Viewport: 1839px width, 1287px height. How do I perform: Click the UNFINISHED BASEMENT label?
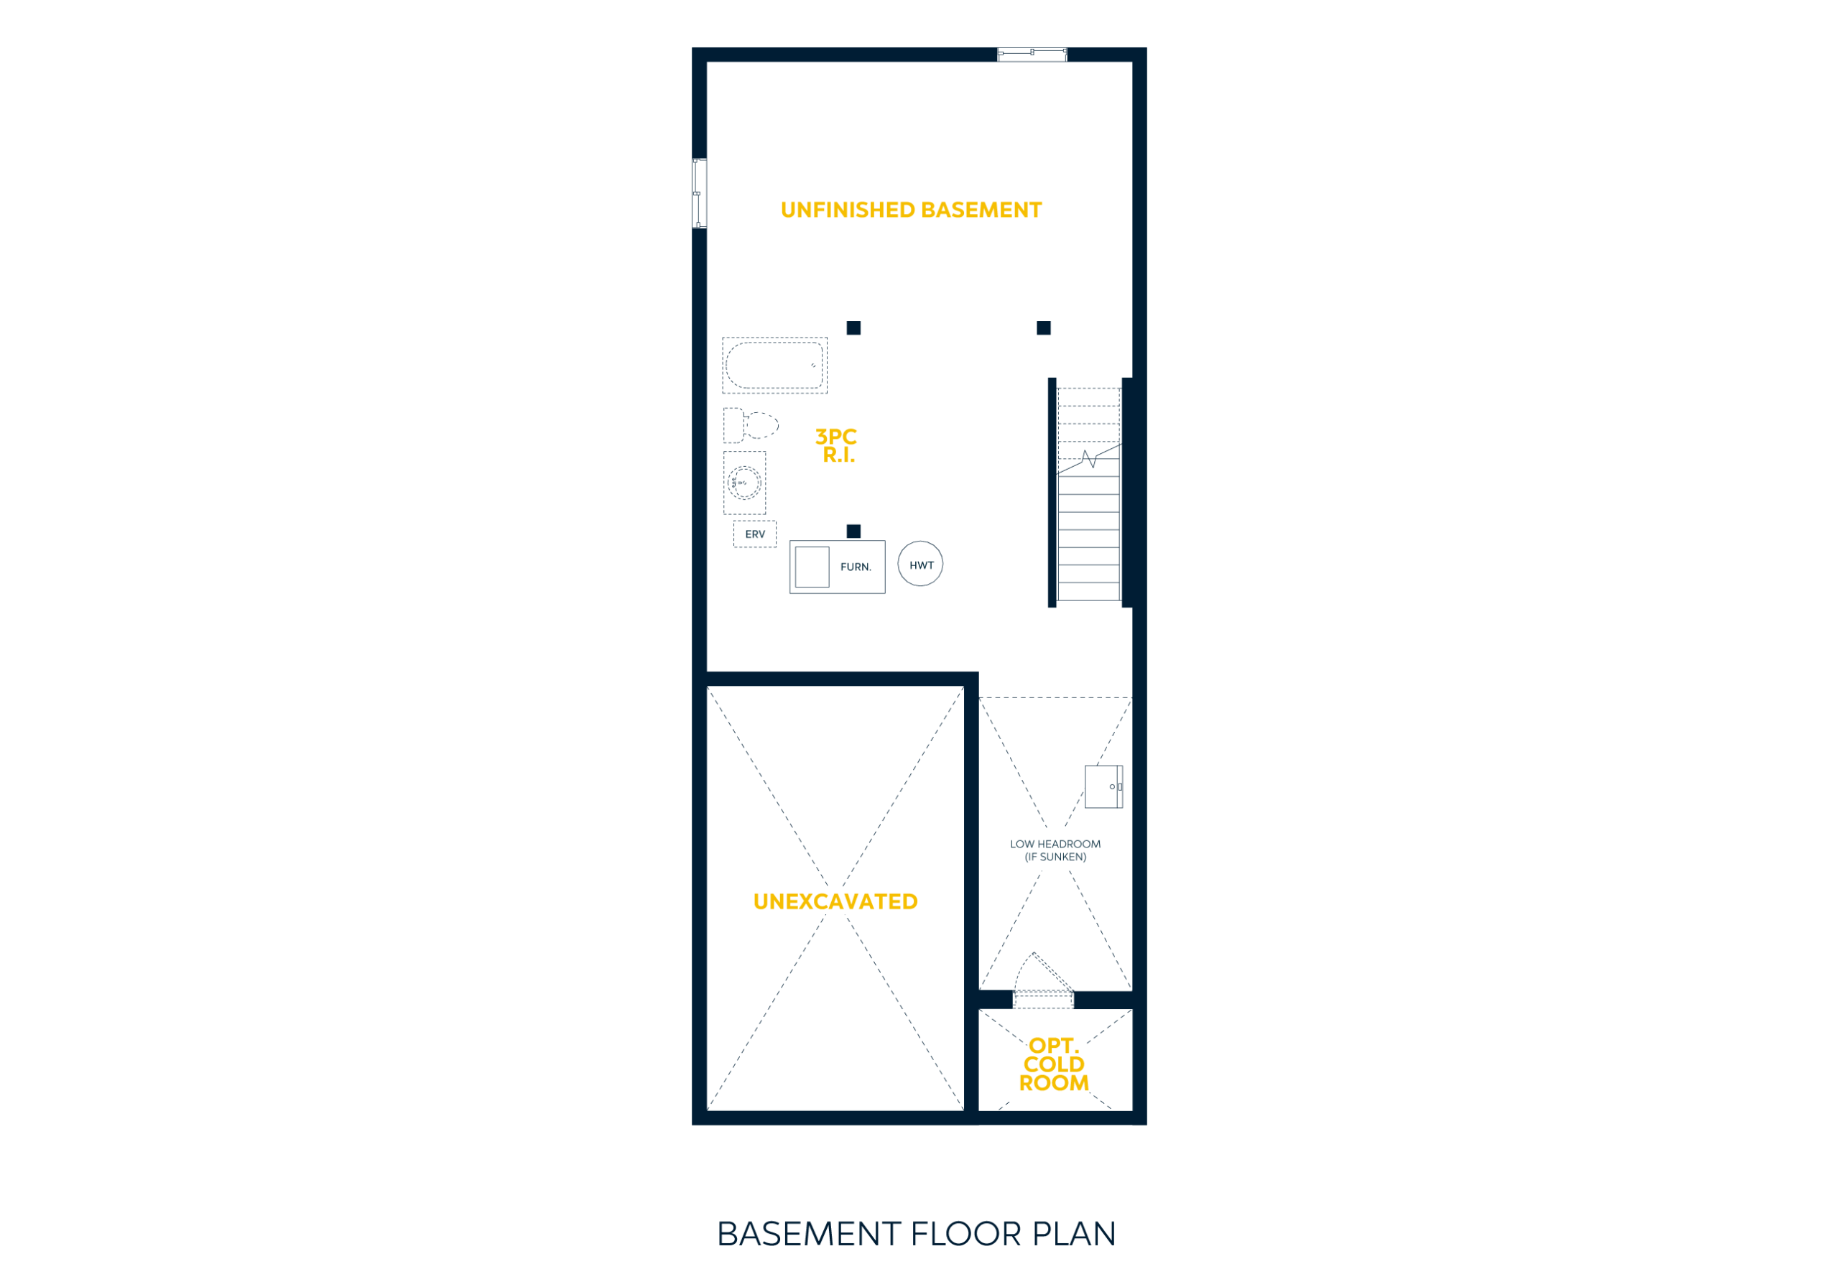point(911,210)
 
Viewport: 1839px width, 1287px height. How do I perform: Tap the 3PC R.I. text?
point(836,446)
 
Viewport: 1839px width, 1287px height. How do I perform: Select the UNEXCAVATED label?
point(835,902)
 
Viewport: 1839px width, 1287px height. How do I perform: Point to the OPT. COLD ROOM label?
point(1054,1064)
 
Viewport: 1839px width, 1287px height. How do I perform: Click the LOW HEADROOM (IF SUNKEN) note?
point(1056,850)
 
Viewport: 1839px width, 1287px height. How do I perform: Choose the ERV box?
point(754,534)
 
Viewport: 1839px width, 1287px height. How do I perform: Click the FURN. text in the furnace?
point(856,567)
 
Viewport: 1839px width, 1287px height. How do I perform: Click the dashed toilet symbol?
point(751,425)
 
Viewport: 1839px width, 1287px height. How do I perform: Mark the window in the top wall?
point(1032,55)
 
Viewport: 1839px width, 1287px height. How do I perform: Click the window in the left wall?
point(699,193)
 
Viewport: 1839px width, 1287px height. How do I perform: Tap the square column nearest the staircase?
point(1044,327)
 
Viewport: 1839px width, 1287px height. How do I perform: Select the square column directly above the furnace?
point(854,531)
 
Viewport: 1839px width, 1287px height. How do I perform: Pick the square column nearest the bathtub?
point(854,327)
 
